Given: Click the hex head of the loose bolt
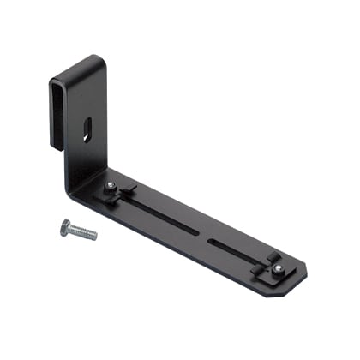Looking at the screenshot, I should [x=65, y=226].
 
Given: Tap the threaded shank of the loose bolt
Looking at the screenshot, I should [x=83, y=232].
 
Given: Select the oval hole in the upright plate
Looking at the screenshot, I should [x=88, y=131].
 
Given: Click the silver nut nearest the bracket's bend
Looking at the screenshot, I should [x=111, y=186].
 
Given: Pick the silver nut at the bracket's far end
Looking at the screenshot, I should [x=279, y=267].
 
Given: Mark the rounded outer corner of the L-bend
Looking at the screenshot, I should [x=72, y=190].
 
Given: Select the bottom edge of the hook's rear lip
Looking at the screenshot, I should [x=57, y=147].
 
